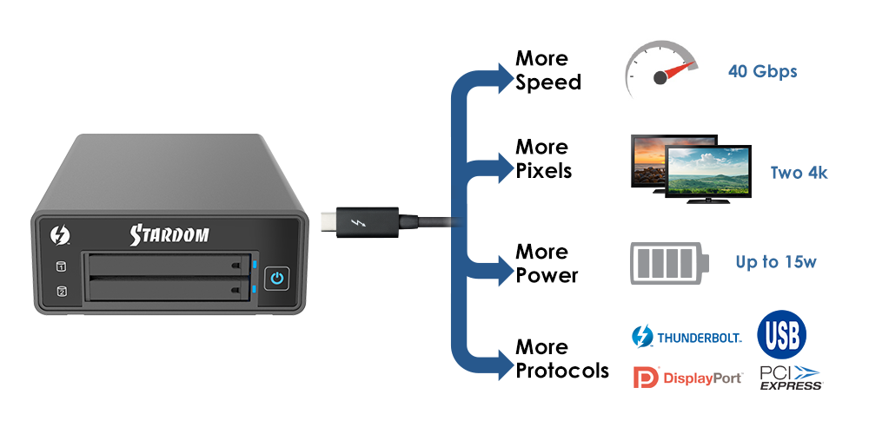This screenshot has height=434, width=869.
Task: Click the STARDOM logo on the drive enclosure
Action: tap(169, 234)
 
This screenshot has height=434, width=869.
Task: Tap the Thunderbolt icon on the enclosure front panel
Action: tap(57, 234)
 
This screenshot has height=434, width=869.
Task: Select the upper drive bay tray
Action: tap(166, 264)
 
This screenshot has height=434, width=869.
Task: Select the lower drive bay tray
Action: tap(166, 288)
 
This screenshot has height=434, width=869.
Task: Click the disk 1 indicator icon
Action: tap(62, 267)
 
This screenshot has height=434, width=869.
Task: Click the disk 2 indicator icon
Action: tap(62, 291)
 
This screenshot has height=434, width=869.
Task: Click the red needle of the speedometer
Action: tap(677, 71)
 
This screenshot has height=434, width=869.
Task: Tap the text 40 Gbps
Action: tap(762, 71)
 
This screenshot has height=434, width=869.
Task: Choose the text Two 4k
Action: tap(799, 173)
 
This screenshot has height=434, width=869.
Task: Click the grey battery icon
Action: tap(669, 264)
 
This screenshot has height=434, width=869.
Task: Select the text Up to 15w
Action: tap(775, 261)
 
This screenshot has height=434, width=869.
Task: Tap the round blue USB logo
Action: tap(781, 334)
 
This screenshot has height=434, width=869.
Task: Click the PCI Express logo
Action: tap(791, 378)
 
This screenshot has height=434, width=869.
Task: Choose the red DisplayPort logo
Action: tap(687, 378)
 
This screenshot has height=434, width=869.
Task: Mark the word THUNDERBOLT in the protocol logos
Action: tap(699, 337)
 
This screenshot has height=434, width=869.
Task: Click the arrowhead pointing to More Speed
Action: tap(507, 76)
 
